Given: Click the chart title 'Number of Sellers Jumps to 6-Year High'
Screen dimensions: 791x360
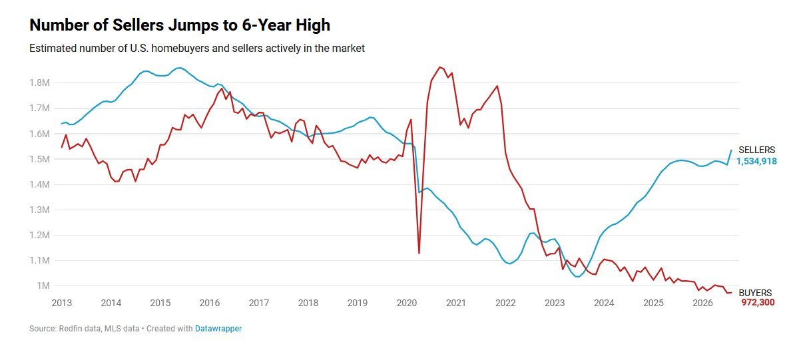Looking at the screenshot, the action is (180, 25).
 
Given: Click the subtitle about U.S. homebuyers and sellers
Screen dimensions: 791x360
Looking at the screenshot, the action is (196, 49).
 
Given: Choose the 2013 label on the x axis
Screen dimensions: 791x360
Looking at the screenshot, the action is (61, 303).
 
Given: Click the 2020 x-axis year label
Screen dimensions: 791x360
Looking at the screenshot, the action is (407, 303).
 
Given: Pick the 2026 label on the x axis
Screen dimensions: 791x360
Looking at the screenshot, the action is (702, 303).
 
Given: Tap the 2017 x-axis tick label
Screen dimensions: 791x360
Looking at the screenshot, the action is (259, 303).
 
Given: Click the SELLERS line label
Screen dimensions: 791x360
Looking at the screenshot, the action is (756, 150).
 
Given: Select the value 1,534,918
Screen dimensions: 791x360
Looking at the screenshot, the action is (756, 161).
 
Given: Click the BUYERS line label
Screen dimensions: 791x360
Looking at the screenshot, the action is (755, 293).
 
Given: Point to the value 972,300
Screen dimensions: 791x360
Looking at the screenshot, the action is (758, 303).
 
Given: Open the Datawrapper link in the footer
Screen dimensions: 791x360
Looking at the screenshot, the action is (218, 329).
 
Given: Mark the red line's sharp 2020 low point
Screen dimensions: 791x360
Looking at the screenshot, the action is (419, 253).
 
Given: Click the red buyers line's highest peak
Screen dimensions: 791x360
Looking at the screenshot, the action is (439, 67).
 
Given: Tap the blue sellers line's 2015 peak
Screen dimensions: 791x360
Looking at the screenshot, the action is (179, 68).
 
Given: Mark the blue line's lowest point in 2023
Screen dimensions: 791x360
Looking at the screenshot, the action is (578, 277).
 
